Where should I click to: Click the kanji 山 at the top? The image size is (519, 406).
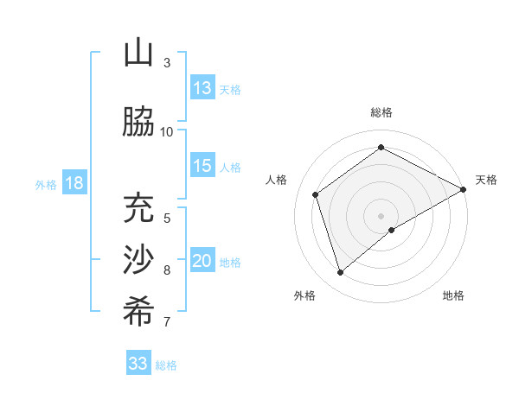click(138, 54)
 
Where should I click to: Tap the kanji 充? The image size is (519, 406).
click(138, 207)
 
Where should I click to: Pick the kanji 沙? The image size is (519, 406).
click(138, 260)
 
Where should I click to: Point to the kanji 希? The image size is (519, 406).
click(138, 312)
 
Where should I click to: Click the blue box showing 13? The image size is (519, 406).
click(202, 88)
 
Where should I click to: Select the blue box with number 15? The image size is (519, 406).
click(202, 166)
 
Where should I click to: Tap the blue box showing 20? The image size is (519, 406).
click(202, 262)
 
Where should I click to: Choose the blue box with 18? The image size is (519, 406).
click(74, 183)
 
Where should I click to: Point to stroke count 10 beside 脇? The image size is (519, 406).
click(166, 131)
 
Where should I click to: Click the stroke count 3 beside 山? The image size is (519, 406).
click(166, 63)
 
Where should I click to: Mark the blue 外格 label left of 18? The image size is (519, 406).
click(46, 184)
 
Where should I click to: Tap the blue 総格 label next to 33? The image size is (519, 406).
click(166, 365)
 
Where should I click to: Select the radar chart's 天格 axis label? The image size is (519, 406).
click(486, 180)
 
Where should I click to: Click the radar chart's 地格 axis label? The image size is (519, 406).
click(453, 295)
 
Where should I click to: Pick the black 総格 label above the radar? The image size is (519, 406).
click(381, 112)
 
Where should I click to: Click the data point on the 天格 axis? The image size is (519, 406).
click(465, 189)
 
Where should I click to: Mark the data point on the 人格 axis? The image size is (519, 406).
click(316, 194)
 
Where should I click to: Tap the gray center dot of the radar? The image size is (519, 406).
click(381, 215)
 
